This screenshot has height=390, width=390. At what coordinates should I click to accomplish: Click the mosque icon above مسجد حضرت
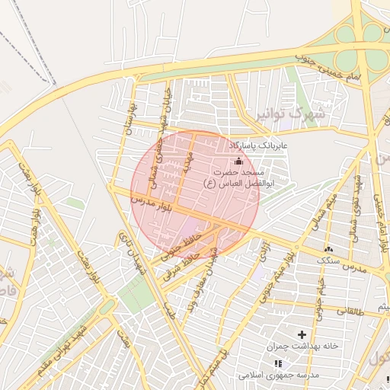tap(238, 161)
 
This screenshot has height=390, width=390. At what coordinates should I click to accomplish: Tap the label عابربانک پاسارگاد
tap(259, 145)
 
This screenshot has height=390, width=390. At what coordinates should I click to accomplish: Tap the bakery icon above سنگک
tap(329, 249)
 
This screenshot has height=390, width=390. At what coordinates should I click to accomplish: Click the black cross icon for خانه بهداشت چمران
tap(302, 334)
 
